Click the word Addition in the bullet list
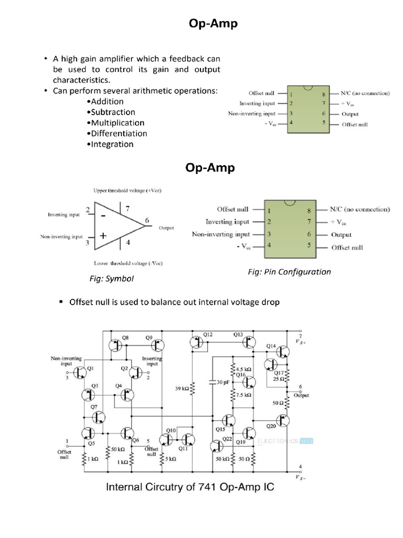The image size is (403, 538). click(x=107, y=101)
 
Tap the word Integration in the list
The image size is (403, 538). click(x=112, y=144)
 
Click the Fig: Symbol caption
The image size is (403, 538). click(x=112, y=278)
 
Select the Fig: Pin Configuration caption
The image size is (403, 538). click(x=289, y=272)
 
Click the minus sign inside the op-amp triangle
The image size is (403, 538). click(x=103, y=215)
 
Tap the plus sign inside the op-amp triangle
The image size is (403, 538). click(x=103, y=236)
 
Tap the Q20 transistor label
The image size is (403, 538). click(x=271, y=426)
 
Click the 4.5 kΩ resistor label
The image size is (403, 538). click(x=243, y=369)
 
